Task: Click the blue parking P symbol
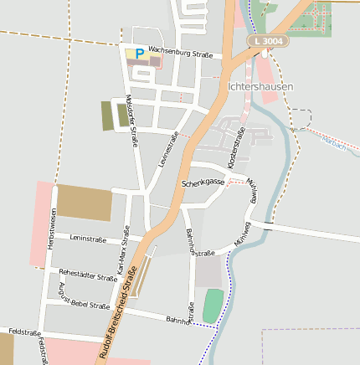139,54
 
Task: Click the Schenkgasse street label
203,182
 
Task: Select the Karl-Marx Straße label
125,250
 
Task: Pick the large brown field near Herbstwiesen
85,203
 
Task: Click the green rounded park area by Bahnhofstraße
213,304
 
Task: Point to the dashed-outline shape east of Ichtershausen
301,117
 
